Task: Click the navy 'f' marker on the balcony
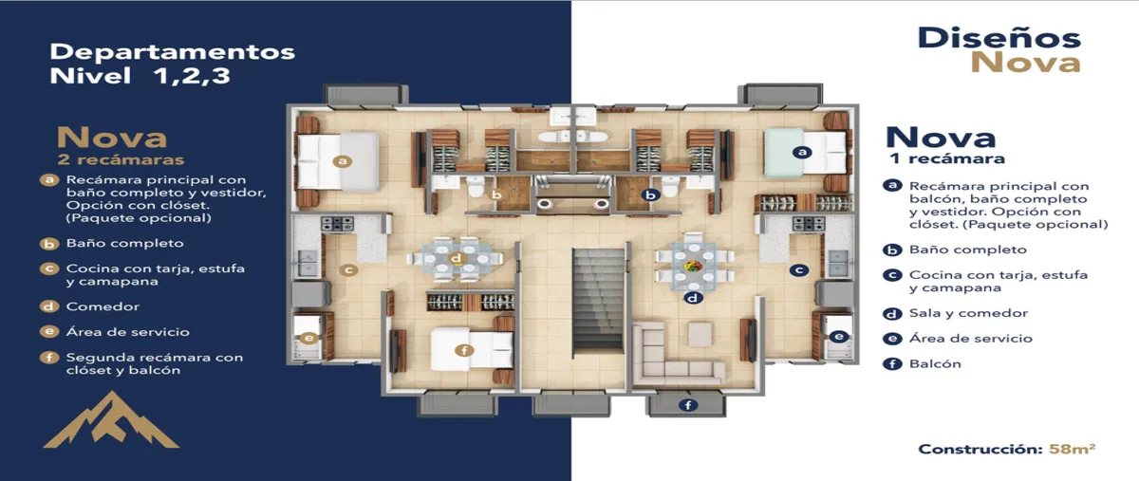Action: [688, 405]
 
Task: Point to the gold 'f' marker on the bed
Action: [464, 350]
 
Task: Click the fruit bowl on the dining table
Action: [694, 266]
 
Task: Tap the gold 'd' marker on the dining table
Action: [457, 258]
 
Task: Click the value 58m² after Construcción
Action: [1072, 449]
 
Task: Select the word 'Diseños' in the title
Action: [999, 39]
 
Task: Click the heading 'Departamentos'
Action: [173, 52]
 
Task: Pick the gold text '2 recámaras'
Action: [121, 159]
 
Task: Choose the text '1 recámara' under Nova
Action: [947, 158]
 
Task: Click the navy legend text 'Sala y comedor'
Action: [968, 313]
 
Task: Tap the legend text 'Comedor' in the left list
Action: [103, 306]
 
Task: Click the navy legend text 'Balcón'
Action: [935, 363]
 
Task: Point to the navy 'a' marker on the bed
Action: [802, 152]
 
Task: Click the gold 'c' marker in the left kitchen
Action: [349, 270]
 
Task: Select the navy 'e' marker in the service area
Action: [838, 336]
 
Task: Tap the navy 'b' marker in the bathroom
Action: [650, 194]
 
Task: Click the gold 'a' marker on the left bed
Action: [343, 161]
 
